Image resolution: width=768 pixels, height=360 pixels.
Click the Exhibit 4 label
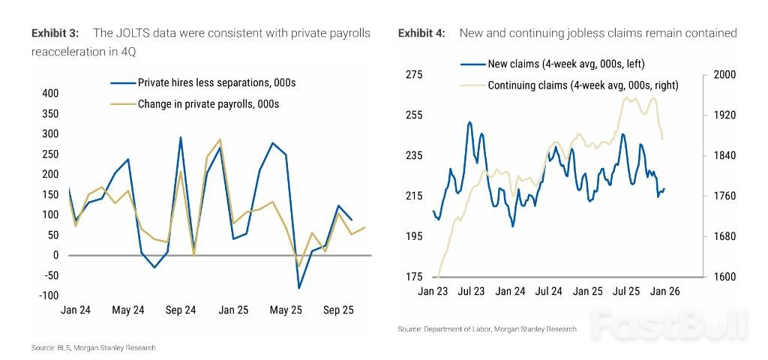tap(421, 33)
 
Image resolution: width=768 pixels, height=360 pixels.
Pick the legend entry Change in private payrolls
tap(208, 104)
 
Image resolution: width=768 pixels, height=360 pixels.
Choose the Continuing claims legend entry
tap(583, 85)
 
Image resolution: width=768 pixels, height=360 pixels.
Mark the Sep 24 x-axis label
tap(181, 310)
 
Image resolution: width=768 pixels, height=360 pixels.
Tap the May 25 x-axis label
tap(285, 310)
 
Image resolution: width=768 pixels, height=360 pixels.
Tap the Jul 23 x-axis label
tap(472, 291)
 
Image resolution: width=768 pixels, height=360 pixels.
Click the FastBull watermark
tap(669, 324)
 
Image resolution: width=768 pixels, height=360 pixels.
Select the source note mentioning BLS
tap(94, 348)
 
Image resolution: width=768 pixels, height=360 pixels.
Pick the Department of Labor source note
tap(487, 329)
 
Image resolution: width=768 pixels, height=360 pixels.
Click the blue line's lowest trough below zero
tap(298, 287)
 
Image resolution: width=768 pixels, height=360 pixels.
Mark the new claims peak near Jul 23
tap(469, 122)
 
